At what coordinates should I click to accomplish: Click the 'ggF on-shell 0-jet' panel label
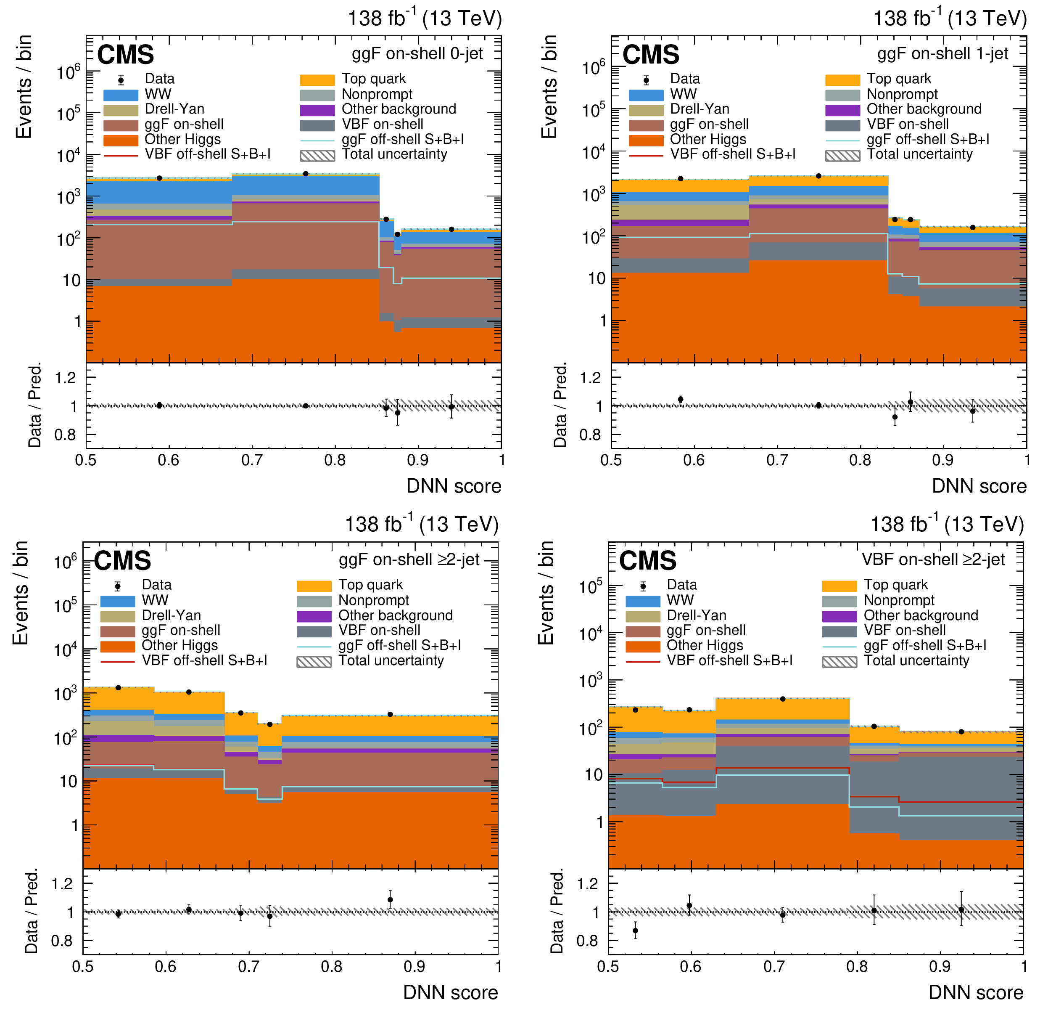pos(417,53)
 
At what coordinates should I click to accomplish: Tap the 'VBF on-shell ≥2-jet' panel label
pos(933,559)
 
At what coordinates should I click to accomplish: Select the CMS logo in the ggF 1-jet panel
pos(651,55)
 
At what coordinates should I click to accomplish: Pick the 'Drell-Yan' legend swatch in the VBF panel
pos(643,616)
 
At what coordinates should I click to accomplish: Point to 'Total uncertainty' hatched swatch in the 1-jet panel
pos(843,156)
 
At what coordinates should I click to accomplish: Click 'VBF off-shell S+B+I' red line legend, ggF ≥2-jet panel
pos(118,662)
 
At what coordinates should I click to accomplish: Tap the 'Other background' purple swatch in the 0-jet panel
pos(317,110)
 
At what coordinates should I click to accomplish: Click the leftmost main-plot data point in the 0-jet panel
pos(159,178)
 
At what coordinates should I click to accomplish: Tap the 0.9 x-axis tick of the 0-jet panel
pos(417,460)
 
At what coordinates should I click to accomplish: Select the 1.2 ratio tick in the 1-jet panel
pos(591,378)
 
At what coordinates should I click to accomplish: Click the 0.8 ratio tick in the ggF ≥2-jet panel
pos(62,941)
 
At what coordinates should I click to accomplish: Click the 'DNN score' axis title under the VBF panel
pos(976,992)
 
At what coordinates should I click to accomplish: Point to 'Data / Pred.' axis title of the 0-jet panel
pos(35,406)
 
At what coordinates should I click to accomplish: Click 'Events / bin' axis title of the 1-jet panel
pos(549,87)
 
